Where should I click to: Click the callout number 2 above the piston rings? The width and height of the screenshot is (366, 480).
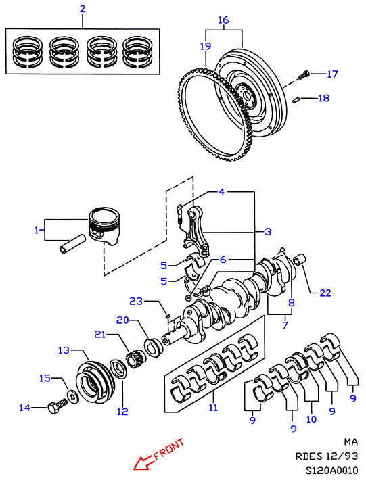click(83, 9)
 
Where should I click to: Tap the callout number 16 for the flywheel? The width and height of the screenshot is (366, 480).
click(223, 20)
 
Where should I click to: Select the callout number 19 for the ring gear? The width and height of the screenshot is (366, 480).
click(206, 46)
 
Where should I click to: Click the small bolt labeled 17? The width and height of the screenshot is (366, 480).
click(304, 74)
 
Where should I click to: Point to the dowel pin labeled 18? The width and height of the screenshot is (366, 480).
click(296, 100)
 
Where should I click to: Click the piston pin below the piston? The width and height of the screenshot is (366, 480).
click(71, 243)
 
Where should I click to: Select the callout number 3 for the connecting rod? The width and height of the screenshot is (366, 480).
click(268, 231)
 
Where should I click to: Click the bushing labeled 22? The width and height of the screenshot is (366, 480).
click(299, 260)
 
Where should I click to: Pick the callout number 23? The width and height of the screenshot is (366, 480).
click(136, 302)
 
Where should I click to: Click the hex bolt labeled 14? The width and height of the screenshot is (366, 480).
click(58, 407)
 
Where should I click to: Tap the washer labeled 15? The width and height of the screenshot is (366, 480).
click(72, 397)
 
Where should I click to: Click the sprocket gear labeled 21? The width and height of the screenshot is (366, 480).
click(133, 360)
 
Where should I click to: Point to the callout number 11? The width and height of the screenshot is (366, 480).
click(213, 408)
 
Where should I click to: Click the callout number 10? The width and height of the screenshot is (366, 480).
click(311, 419)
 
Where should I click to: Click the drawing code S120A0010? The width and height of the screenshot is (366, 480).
click(331, 471)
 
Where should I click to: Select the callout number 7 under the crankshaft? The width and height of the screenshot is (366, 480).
click(285, 325)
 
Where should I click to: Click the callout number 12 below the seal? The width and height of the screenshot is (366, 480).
click(122, 412)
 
